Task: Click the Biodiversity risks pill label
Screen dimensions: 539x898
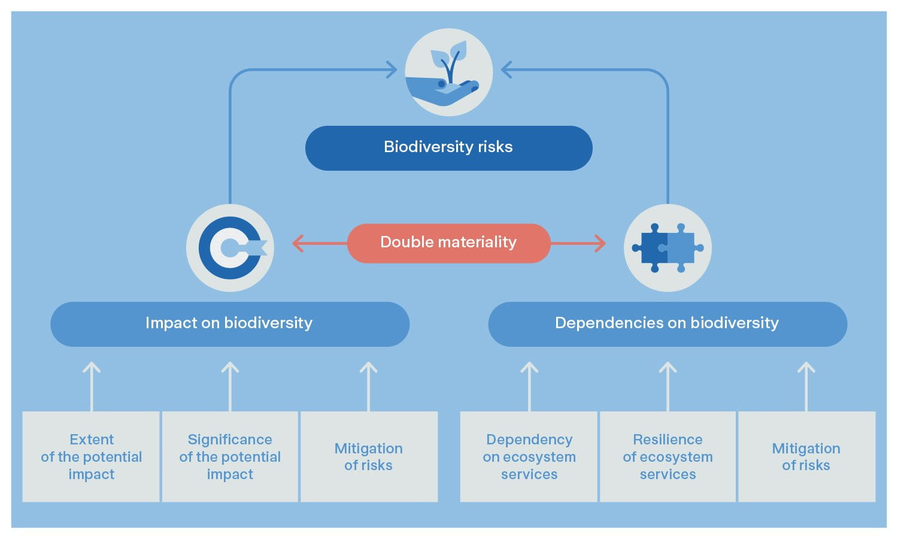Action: [x=448, y=147]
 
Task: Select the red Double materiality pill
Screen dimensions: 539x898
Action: [x=448, y=243]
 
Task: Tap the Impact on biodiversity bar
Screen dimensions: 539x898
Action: [x=229, y=323]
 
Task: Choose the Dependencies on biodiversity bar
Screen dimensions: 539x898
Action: [x=667, y=323]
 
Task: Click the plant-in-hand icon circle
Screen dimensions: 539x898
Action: [x=448, y=72]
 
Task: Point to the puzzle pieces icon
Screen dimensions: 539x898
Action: [x=667, y=247]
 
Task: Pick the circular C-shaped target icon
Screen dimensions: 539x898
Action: [x=230, y=247]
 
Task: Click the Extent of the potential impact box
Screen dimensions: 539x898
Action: [x=91, y=456]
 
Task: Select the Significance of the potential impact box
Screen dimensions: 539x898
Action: [x=230, y=456]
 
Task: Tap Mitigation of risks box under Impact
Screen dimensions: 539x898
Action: [x=368, y=456]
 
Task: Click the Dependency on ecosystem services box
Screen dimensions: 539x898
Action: [x=529, y=456]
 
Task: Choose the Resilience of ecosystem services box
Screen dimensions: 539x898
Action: [x=668, y=456]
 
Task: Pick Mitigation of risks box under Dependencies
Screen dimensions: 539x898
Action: [x=806, y=456]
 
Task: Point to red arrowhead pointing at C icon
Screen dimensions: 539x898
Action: [x=298, y=243]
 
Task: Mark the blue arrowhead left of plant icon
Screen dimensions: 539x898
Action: [x=392, y=70]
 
